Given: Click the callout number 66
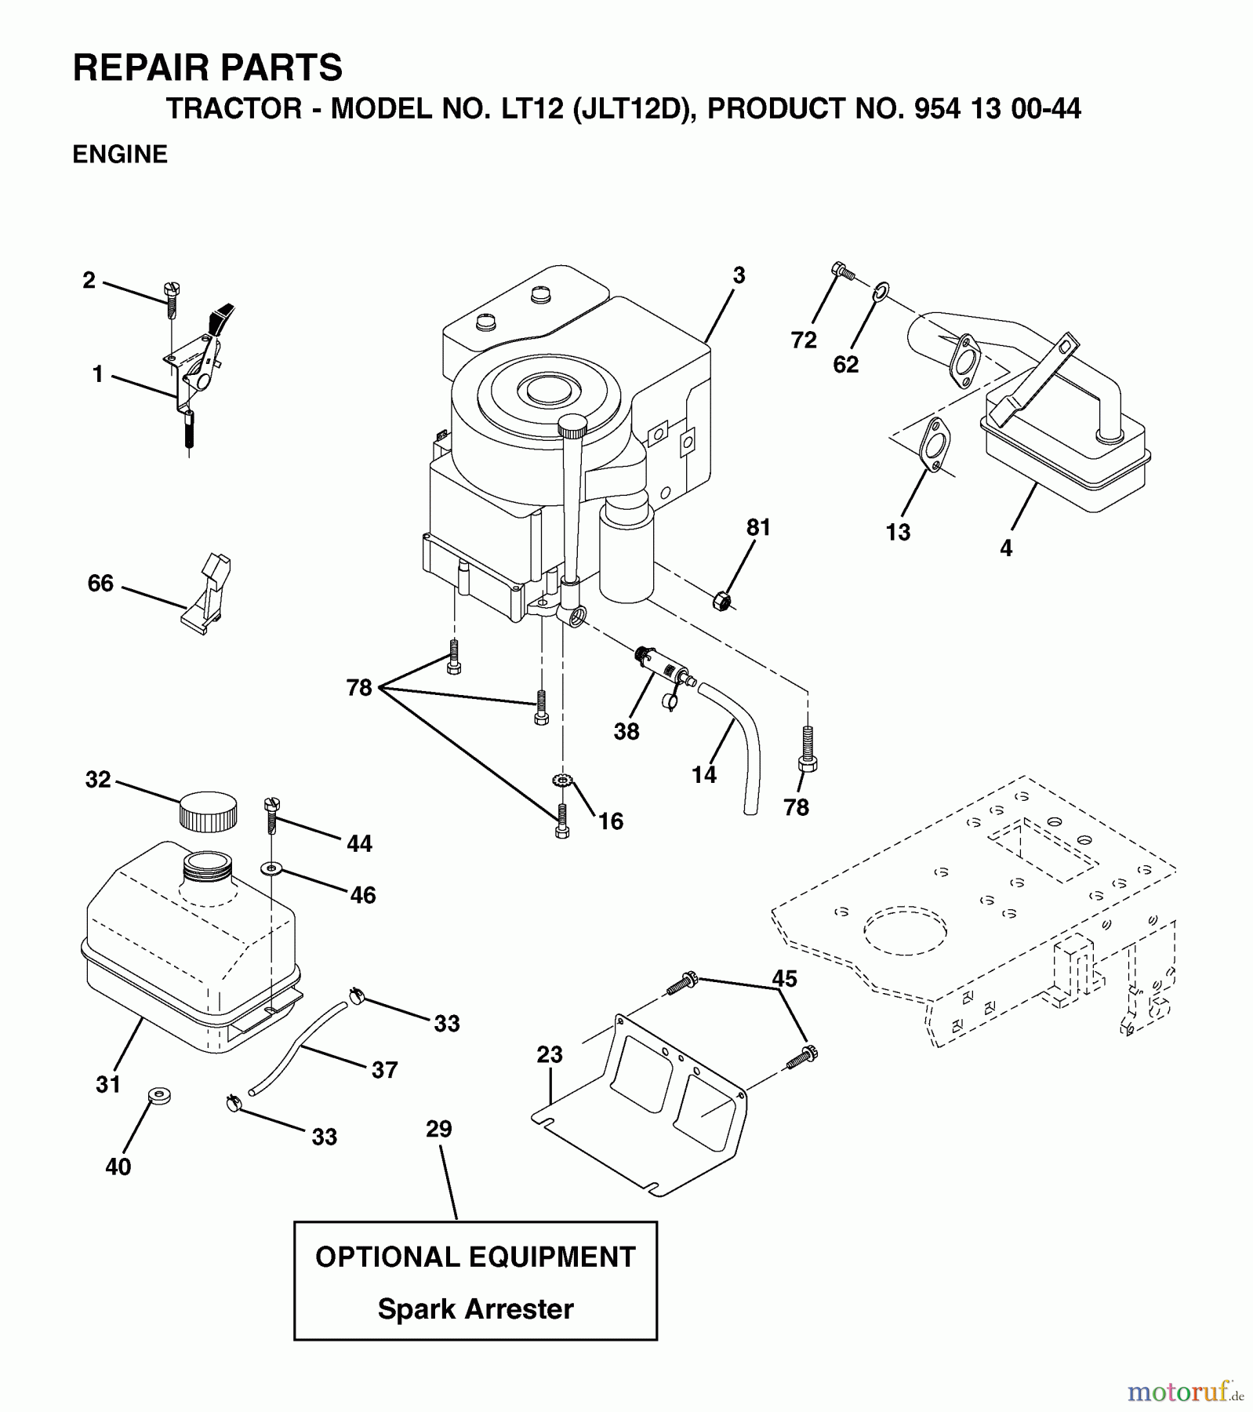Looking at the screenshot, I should [x=100, y=583].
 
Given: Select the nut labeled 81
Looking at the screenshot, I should [x=722, y=602].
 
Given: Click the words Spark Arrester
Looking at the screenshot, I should [x=475, y=1308].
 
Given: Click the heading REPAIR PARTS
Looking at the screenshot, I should [x=208, y=68].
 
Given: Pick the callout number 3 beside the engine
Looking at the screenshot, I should [x=739, y=275].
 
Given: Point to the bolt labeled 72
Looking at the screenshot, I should [x=841, y=271].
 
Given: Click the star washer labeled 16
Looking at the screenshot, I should [x=562, y=780].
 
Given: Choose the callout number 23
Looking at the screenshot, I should [x=550, y=1054].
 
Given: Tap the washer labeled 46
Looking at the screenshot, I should [x=271, y=868].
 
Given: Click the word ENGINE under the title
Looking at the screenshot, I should [x=120, y=155].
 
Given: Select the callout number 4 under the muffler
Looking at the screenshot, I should [x=1006, y=548].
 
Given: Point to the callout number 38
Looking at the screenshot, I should [x=626, y=731].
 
